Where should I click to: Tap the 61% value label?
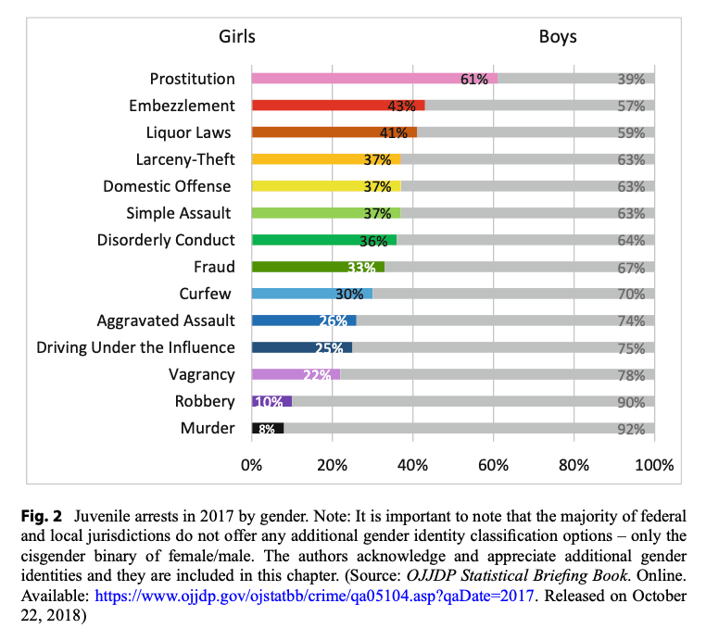coord(474,80)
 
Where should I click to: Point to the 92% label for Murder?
coord(631,429)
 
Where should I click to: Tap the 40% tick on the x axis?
coord(412,464)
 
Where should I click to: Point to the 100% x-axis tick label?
coord(654,464)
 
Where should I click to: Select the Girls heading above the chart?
coord(236,37)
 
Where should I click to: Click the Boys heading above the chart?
coord(558,37)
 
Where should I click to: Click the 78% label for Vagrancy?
coord(631,375)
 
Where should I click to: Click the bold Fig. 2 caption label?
coord(46,512)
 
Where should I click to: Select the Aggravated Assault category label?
coord(166,320)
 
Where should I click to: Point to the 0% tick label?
coord(251,464)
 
